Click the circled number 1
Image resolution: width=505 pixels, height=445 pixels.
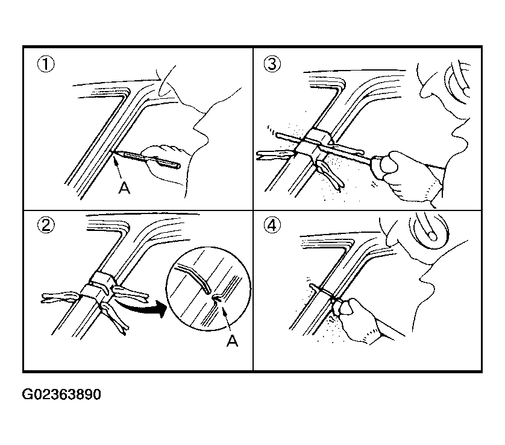click(46, 64)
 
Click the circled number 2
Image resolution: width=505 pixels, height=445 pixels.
click(46, 225)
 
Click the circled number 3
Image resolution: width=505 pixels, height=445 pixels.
click(272, 64)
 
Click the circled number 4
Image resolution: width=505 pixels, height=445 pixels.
click(272, 225)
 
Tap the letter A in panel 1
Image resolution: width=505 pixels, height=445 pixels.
click(124, 188)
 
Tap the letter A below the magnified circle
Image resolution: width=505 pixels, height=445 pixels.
click(233, 340)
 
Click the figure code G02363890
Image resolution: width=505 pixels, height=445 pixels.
click(61, 394)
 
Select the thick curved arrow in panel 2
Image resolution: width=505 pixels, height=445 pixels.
click(142, 306)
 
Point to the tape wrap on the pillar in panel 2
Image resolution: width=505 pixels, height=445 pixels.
click(98, 283)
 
